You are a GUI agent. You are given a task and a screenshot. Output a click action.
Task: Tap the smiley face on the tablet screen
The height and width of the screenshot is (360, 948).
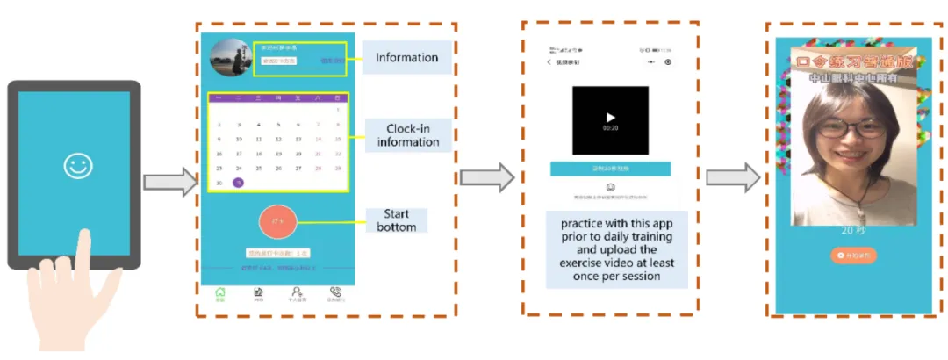77,165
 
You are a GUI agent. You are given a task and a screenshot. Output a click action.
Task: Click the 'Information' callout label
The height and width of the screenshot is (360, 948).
406,58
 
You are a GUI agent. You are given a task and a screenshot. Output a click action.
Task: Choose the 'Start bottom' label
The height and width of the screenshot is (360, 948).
397,220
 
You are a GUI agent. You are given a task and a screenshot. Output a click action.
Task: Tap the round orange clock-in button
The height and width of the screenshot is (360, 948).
279,222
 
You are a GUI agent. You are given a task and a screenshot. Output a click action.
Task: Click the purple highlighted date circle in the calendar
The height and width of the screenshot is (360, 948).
238,183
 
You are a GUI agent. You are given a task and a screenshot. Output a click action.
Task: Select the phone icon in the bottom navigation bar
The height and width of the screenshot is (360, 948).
335,293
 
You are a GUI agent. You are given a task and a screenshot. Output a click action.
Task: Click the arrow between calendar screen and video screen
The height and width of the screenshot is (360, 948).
487,176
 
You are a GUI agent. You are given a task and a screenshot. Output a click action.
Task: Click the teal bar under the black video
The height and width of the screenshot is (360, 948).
610,167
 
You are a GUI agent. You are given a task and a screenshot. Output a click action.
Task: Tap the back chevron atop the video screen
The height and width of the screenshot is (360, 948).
549,62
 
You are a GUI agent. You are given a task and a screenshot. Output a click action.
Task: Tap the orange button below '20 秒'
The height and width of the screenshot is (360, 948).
852,256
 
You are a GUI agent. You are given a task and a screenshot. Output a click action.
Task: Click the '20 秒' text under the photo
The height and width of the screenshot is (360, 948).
852,231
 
